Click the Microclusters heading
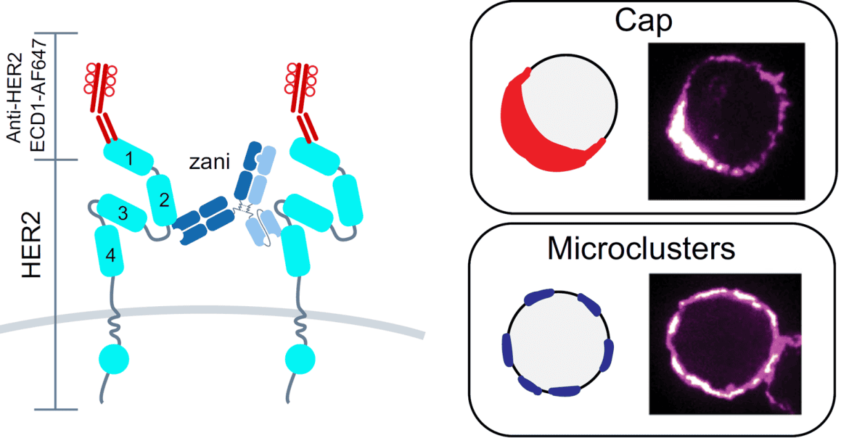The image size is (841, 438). click(641, 248)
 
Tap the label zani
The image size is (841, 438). click(209, 162)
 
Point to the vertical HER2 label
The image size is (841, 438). click(31, 245)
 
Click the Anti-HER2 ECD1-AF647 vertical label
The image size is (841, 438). click(26, 96)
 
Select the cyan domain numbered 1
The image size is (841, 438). click(128, 157)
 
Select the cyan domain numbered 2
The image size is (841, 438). click(162, 200)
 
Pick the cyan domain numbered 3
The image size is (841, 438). click(122, 212)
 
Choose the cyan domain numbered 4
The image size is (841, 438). click(109, 250)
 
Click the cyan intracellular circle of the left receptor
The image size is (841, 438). click(114, 359)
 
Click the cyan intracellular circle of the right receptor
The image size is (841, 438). click(300, 359)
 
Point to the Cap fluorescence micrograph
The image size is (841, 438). click(726, 121)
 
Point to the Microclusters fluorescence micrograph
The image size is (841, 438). click(726, 344)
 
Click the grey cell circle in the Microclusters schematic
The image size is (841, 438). click(559, 342)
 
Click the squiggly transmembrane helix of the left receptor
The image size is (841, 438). click(114, 328)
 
